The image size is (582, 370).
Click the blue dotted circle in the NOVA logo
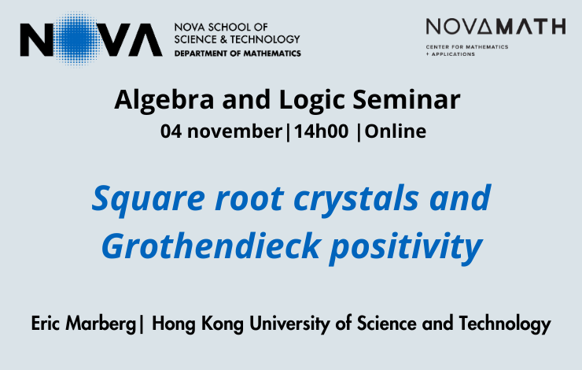(x=77, y=39)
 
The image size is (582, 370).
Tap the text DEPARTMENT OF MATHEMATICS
(x=238, y=54)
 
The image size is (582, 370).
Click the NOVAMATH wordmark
(x=496, y=27)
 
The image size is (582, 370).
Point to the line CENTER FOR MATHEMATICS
(x=467, y=46)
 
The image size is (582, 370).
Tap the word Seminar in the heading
(x=407, y=99)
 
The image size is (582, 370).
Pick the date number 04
(x=171, y=131)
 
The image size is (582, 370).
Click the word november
(x=234, y=131)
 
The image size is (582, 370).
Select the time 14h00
(x=322, y=131)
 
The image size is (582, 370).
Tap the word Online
(x=396, y=131)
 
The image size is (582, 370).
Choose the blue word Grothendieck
(x=211, y=246)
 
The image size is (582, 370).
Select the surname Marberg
(x=101, y=324)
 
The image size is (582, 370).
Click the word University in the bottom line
(x=289, y=324)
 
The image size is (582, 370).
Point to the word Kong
(x=223, y=324)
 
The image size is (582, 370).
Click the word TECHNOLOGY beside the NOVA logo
(x=265, y=39)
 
